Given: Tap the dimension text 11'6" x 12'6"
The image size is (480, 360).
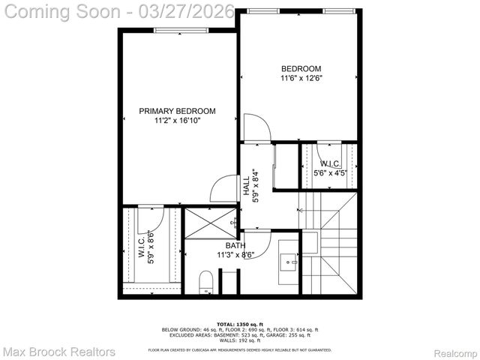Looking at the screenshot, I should click(x=301, y=78).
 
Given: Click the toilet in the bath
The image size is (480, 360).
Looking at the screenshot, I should click(x=207, y=284).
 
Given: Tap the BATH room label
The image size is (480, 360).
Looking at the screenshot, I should click(x=235, y=245).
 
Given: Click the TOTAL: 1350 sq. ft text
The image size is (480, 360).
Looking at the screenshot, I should click(x=239, y=323).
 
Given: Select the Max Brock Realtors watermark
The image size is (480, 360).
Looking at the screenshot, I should click(x=59, y=351).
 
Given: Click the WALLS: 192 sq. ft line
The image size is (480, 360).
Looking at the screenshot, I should click(x=239, y=340).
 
